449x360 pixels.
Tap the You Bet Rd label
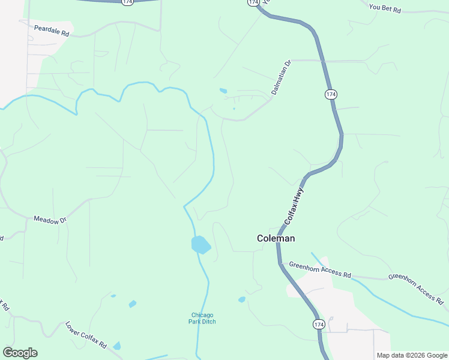385,8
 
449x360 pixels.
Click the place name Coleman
276,238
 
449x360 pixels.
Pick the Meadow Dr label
50,220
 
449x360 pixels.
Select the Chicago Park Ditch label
202,318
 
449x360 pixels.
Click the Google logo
20,353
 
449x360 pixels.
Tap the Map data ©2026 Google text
412,355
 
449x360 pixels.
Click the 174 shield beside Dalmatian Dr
331,94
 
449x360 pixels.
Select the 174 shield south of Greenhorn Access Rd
319,324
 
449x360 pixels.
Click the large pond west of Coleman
200,244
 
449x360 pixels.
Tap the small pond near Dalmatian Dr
223,91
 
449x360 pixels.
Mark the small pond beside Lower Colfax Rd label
117,346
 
